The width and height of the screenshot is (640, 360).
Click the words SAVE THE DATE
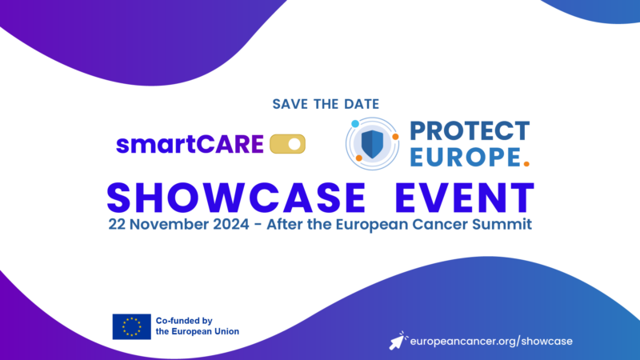pyautogui.click(x=326, y=104)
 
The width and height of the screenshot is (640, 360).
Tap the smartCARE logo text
pyautogui.click(x=190, y=145)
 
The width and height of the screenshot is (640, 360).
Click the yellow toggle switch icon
pyautogui.click(x=288, y=144)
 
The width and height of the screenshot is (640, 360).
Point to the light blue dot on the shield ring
pyautogui.click(x=355, y=125)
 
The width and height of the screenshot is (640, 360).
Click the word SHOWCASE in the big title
pyautogui.click(x=216, y=197)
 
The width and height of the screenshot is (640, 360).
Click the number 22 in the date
pyautogui.click(x=118, y=224)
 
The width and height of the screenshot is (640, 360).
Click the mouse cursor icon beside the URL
pyautogui.click(x=397, y=340)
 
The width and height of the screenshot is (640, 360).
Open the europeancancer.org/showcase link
pyautogui.click(x=490, y=341)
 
